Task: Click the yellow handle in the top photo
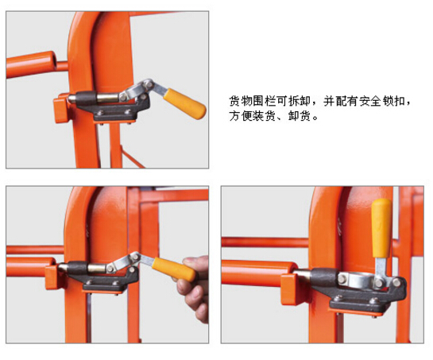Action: (x=185, y=103)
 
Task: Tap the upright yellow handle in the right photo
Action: (x=381, y=228)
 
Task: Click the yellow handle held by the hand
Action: (x=174, y=269)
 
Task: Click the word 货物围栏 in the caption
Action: (x=253, y=101)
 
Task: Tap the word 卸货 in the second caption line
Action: (x=300, y=116)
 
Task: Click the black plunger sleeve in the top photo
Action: (x=86, y=98)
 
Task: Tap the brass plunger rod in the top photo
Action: (x=108, y=98)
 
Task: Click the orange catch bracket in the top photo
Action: (x=60, y=108)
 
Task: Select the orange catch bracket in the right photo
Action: (x=290, y=288)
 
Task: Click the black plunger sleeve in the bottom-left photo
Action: (x=77, y=268)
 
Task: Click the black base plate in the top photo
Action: (x=114, y=114)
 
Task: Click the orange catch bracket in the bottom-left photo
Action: (x=52, y=277)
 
